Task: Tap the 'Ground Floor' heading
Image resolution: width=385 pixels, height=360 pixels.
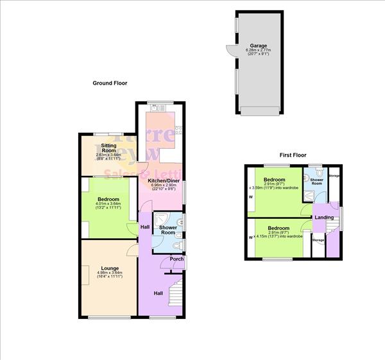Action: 110,83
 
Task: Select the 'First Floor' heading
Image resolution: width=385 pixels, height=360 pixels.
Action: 293,155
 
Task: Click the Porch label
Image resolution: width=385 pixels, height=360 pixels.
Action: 173,259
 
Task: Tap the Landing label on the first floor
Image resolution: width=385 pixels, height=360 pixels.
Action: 323,218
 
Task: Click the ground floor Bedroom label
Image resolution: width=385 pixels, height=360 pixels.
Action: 108,200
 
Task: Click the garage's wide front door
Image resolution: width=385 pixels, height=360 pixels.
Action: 259,111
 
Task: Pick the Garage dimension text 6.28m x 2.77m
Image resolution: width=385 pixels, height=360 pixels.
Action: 259,52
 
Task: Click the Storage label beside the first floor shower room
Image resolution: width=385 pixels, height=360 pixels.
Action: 334,175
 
